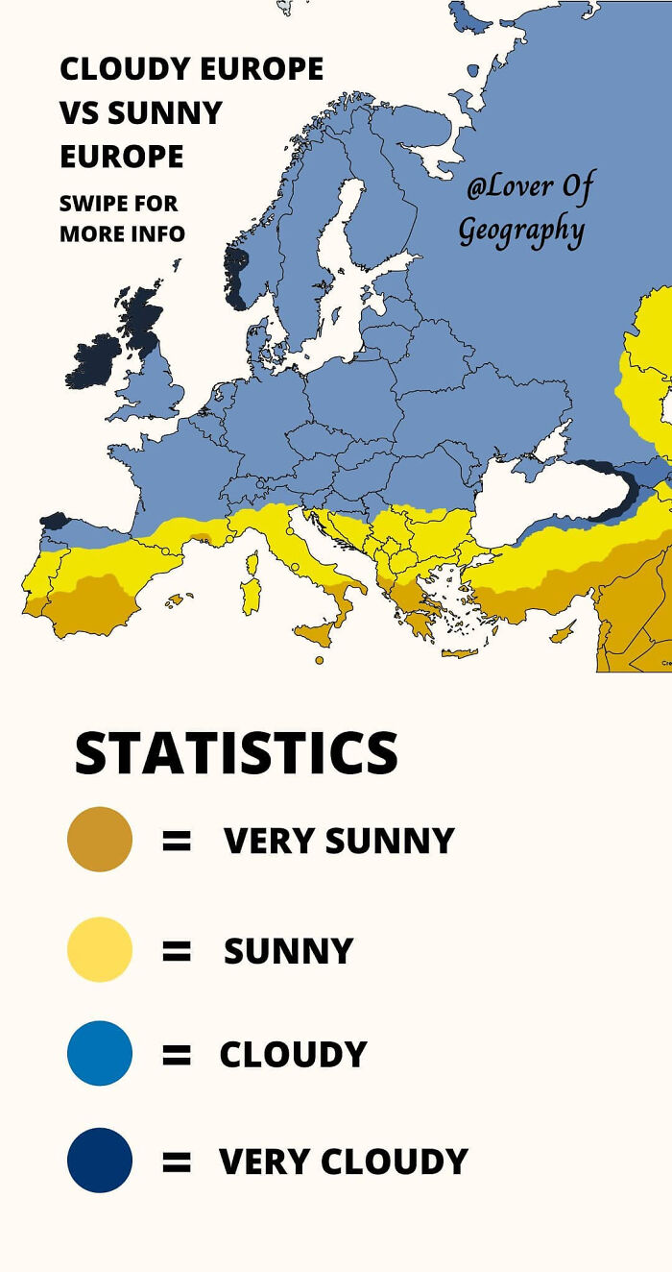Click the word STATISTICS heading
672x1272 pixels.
(235, 753)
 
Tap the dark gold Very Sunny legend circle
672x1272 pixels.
(99, 840)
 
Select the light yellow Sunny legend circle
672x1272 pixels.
(99, 949)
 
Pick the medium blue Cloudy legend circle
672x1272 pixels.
(99, 1053)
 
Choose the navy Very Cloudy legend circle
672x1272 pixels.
(99, 1161)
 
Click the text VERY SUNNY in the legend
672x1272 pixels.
(339, 841)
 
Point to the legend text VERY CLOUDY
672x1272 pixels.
(343, 1162)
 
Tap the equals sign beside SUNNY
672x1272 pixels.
(177, 951)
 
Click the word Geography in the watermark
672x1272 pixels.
(520, 231)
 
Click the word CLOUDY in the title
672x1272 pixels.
(125, 69)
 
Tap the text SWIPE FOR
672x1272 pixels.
(118, 204)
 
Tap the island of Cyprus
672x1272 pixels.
(564, 631)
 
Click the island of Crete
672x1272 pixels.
(460, 653)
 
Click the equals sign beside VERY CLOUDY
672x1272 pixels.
(177, 1162)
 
